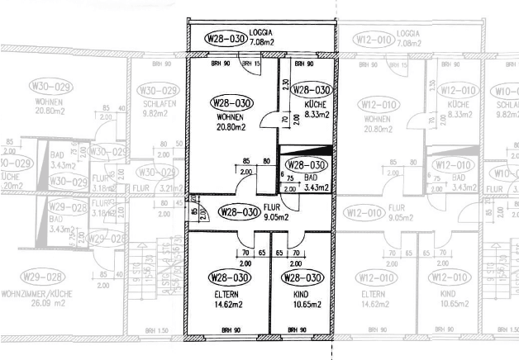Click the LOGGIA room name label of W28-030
(x=261, y=33)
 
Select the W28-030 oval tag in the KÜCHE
(x=311, y=90)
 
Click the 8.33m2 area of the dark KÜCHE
(x=317, y=115)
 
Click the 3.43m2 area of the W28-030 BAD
(x=317, y=187)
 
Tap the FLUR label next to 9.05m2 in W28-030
(x=272, y=208)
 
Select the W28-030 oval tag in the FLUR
(x=239, y=212)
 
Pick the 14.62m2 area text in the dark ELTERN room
(x=226, y=304)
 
